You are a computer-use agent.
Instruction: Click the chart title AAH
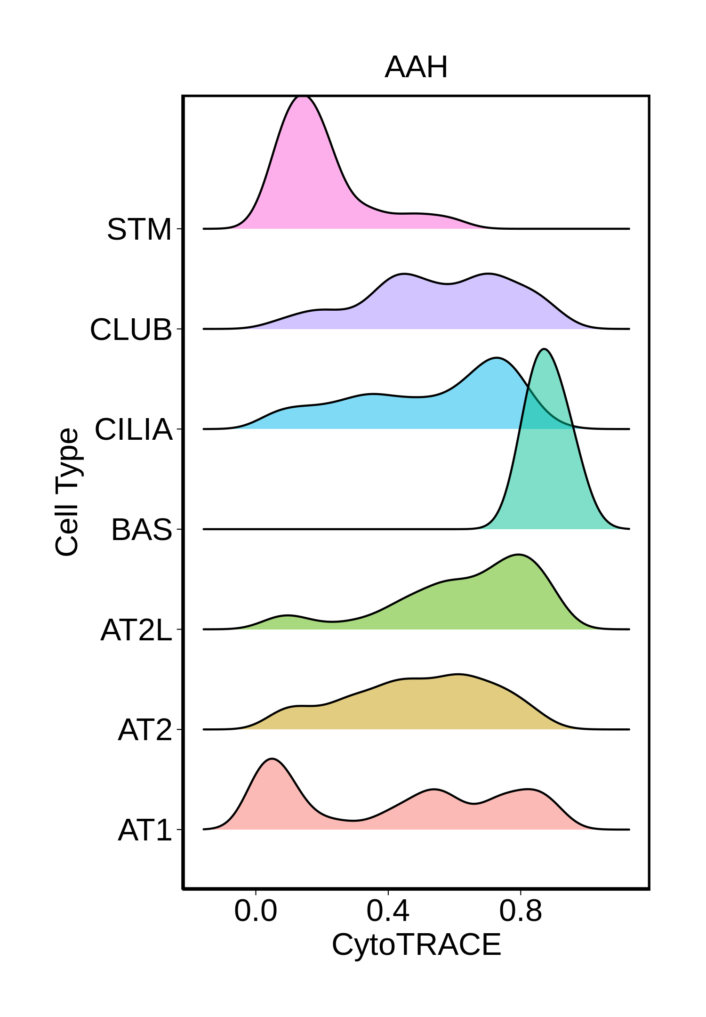(416, 67)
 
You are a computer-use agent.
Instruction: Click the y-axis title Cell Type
(67, 492)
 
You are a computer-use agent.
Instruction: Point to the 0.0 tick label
(256, 911)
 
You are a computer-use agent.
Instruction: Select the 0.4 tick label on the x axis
(388, 911)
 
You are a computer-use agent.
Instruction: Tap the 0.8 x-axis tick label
(520, 911)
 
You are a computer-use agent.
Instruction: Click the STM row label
(139, 229)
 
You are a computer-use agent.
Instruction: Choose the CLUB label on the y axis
(131, 330)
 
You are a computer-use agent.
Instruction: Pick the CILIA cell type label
(134, 429)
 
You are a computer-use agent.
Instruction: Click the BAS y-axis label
(142, 530)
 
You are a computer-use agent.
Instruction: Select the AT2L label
(136, 630)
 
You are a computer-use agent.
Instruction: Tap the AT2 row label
(145, 730)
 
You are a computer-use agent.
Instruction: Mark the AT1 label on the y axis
(145, 830)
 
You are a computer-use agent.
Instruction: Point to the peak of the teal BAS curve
(544, 349)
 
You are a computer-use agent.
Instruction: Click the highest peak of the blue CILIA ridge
(496, 359)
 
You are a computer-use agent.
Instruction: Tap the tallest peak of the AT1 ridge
(272, 759)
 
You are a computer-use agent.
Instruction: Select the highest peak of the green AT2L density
(518, 555)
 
